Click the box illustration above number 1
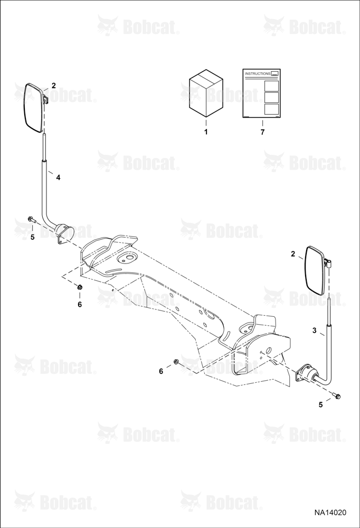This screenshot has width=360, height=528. point(206,93)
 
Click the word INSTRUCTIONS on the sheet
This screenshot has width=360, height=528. point(258,73)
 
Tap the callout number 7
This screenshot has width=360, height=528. point(262,132)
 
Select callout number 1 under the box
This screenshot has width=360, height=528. point(206,132)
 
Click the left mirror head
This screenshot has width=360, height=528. point(34,108)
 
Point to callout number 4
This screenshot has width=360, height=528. point(58,177)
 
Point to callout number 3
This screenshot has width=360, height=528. point(314,331)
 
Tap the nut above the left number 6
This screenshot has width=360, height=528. point(80,287)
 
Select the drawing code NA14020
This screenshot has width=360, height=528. point(330,513)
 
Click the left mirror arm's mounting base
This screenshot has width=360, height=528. point(64,233)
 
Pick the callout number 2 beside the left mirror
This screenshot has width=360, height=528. point(53,86)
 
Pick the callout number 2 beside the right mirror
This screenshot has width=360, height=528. point(293,254)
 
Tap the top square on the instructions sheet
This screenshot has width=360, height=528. point(271,86)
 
